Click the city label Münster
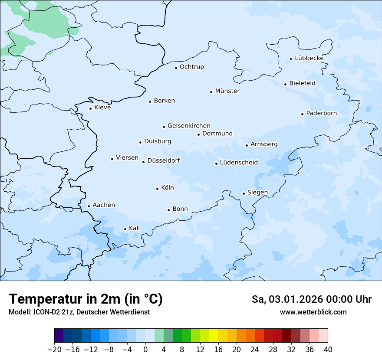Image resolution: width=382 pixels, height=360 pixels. pyautogui.click(x=227, y=91)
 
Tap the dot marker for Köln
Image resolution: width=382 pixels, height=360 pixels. pyautogui.click(x=157, y=189)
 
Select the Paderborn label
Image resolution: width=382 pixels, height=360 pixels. pyautogui.click(x=321, y=113)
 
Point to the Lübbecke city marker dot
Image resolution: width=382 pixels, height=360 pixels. pyautogui.click(x=291, y=59)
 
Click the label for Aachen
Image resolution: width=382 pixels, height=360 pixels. pyautogui.click(x=104, y=205)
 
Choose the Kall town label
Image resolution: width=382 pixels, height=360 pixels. pyautogui.click(x=135, y=228)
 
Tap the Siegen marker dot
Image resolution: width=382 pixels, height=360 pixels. pyautogui.click(x=244, y=193)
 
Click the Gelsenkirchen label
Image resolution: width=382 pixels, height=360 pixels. pyautogui.click(x=189, y=126)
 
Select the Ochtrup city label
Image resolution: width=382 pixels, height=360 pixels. pyautogui.click(x=191, y=67)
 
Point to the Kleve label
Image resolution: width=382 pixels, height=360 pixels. pyautogui.click(x=102, y=108)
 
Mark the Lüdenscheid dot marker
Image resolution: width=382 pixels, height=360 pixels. pyautogui.click(x=216, y=164)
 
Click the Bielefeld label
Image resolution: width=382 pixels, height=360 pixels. pyautogui.click(x=302, y=83)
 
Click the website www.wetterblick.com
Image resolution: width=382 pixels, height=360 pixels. pyautogui.click(x=313, y=312)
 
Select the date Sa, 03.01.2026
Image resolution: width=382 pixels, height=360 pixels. pyautogui.click(x=287, y=299)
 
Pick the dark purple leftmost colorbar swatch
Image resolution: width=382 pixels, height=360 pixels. pyautogui.click(x=59, y=336)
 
